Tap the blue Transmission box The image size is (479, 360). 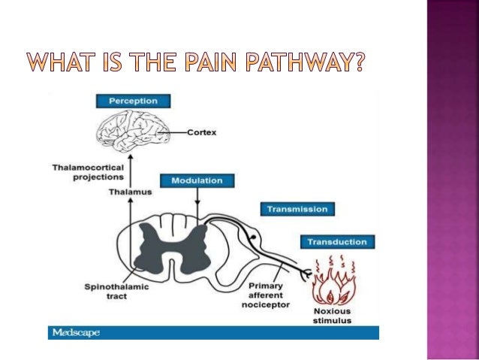click(298, 209)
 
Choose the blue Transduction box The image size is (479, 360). click(337, 242)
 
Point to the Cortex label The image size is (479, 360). click(202, 132)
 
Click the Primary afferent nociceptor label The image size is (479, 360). click(268, 296)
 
